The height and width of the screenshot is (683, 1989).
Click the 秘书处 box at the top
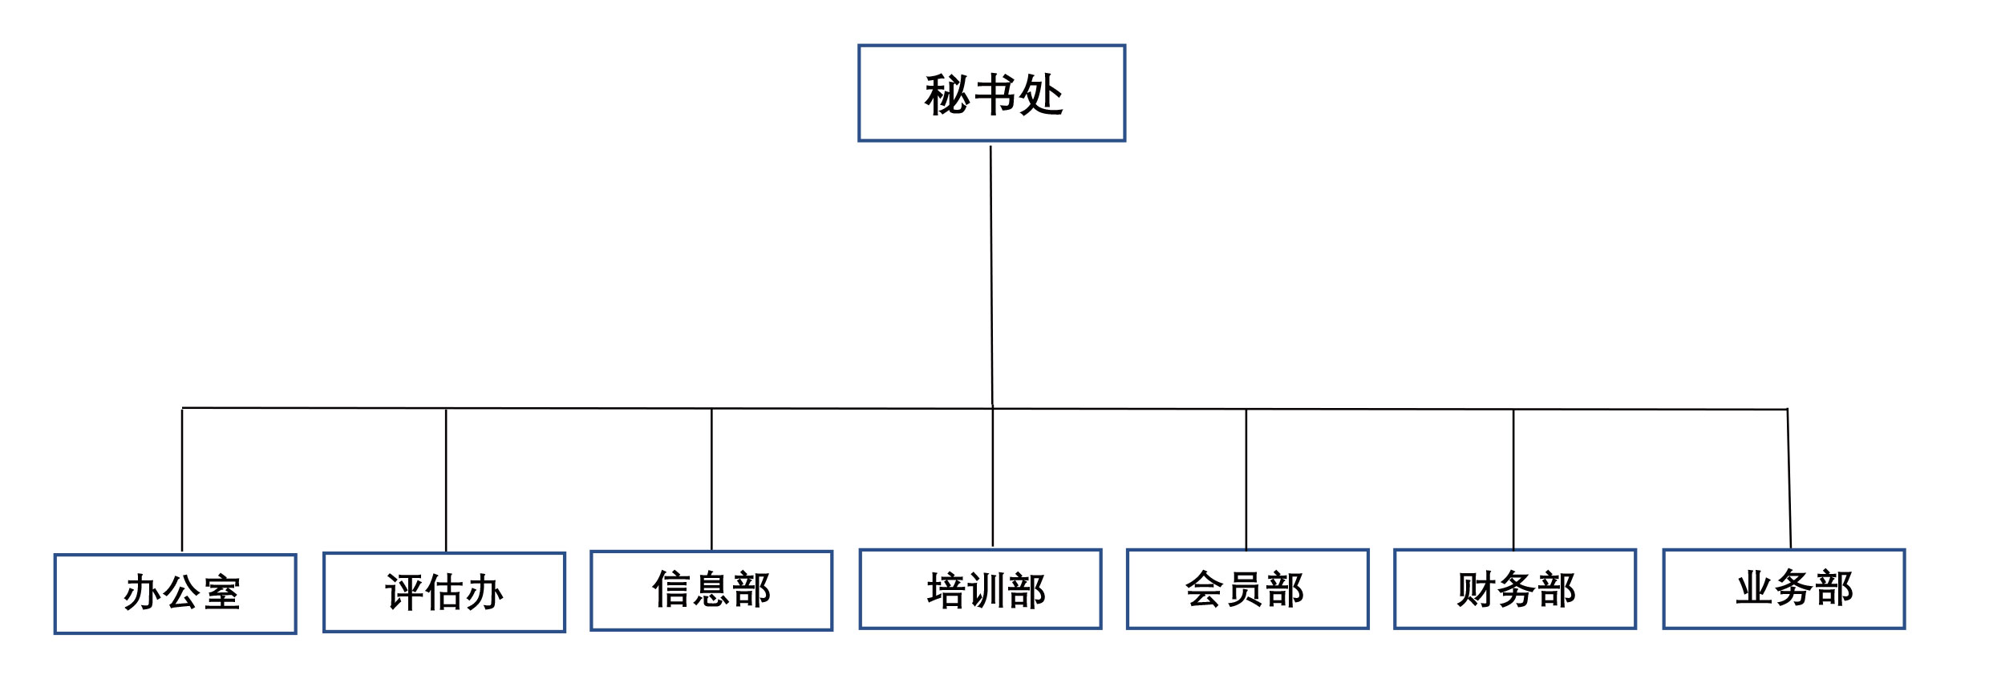[x=991, y=93]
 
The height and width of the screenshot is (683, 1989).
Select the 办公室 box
[x=176, y=594]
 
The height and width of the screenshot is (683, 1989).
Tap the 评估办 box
[x=444, y=592]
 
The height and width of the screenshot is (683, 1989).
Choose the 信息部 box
[x=711, y=591]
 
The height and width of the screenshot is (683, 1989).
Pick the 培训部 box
[x=980, y=589]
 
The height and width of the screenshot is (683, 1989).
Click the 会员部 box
[x=1247, y=589]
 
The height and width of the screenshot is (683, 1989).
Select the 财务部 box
[x=1515, y=589]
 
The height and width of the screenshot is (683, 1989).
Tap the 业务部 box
[x=1784, y=589]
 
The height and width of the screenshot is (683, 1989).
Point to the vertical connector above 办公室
[x=182, y=480]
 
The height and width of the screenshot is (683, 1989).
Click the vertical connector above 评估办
[x=446, y=480]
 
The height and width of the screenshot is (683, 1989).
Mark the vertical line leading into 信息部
[x=711, y=479]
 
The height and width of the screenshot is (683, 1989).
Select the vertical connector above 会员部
[x=1246, y=479]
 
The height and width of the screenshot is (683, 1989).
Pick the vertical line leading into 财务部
[x=1513, y=479]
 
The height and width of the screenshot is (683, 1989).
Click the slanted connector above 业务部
[x=1789, y=479]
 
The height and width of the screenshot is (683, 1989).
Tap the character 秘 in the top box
[x=947, y=95]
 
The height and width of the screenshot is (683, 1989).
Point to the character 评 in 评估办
[x=405, y=592]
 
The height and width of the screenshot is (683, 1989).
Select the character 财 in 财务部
[x=1476, y=590]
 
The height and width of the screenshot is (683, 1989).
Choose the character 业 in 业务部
[x=1755, y=588]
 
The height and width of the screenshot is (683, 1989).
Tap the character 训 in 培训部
[x=986, y=591]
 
